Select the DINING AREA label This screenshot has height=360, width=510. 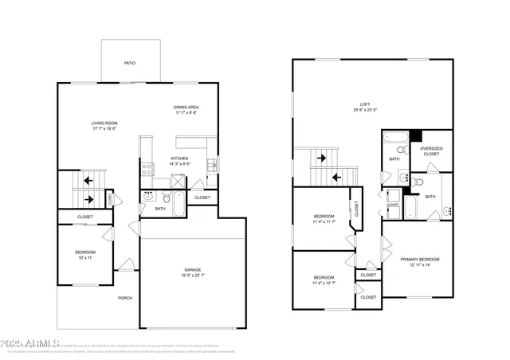[x=186, y=107]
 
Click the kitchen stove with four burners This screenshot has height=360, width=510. [x=147, y=168]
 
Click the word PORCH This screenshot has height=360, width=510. [x=125, y=299]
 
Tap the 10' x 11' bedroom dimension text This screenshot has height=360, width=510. [x=84, y=259]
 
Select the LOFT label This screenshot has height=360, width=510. [x=365, y=104]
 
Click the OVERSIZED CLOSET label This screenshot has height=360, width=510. [x=431, y=151]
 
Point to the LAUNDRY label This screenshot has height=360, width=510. [x=392, y=204]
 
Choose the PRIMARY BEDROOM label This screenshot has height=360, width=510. [x=418, y=259]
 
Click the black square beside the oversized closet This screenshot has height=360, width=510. [x=414, y=136]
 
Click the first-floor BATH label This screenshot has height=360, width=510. [x=160, y=209]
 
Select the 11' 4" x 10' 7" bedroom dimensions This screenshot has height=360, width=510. [x=323, y=283]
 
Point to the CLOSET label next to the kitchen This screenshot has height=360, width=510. [x=202, y=198]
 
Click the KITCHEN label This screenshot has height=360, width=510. [x=179, y=158]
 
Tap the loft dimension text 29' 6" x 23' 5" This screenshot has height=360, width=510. [x=365, y=111]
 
